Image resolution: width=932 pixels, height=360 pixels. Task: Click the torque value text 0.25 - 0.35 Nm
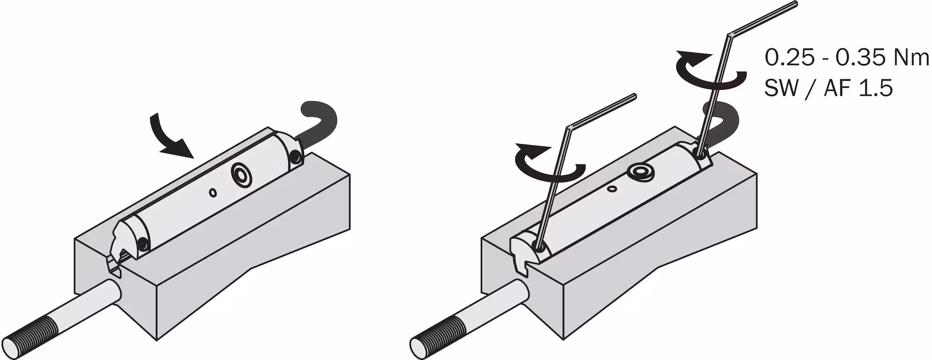click(847, 58)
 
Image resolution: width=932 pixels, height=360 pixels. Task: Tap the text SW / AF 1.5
click(829, 89)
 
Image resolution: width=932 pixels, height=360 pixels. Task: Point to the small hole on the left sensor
click(213, 193)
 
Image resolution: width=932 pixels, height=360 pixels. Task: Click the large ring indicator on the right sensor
click(640, 172)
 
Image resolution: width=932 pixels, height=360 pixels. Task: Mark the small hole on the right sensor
click(613, 188)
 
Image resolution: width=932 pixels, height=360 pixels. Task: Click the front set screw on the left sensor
click(142, 245)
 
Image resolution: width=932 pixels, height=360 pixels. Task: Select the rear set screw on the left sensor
click(295, 156)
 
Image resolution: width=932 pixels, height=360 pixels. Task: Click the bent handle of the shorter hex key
click(601, 111)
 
